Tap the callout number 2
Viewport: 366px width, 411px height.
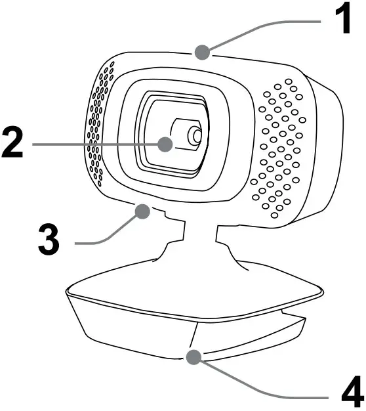click(12, 142)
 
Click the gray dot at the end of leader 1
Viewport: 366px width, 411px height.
click(202, 52)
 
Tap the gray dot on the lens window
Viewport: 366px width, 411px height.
click(165, 144)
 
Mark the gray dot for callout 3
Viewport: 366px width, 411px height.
click(142, 211)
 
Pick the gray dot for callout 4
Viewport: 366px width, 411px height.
click(193, 357)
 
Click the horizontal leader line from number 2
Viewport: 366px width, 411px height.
click(96, 144)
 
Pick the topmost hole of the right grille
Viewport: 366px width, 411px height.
click(289, 81)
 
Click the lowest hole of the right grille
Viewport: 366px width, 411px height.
click(274, 215)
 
